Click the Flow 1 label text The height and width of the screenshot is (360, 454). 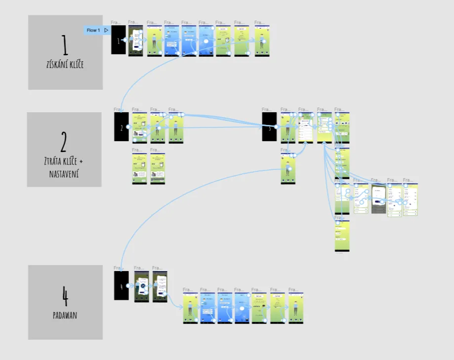pos(93,30)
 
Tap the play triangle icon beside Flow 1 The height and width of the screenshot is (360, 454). pos(106,30)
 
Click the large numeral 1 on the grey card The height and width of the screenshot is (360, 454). pos(65,46)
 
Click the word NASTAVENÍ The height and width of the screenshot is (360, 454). pos(64,173)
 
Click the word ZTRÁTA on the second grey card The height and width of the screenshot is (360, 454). pos(52,161)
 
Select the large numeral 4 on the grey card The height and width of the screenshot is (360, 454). pos(65,298)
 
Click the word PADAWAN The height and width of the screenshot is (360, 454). pos(65,315)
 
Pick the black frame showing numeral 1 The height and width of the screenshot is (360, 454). pos(118,40)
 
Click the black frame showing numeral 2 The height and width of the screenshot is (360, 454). pos(122,127)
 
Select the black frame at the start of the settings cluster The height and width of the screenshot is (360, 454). pos(269,127)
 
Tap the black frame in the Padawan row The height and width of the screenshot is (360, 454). pos(122,285)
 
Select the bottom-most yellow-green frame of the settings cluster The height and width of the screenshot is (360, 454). pos(342,236)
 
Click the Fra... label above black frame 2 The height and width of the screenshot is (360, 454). pos(118,109)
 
